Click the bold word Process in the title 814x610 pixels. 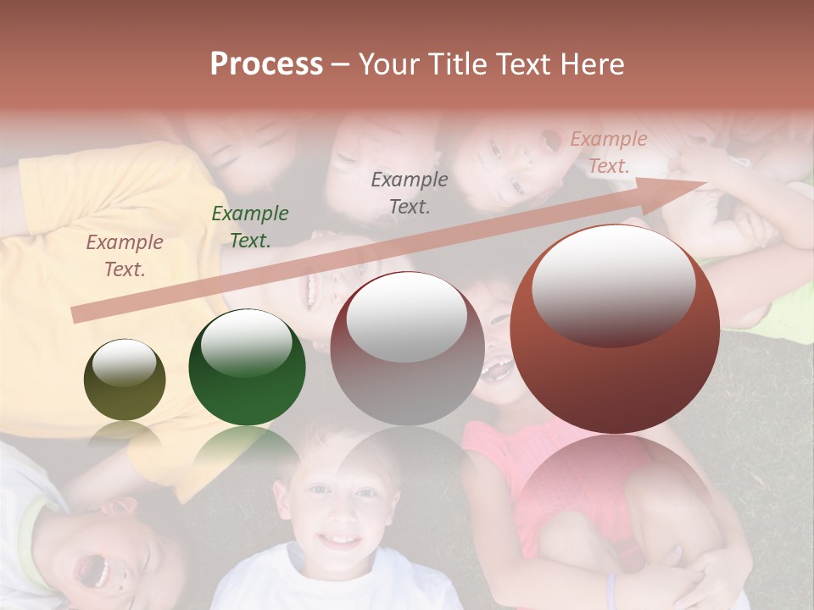click(x=266, y=64)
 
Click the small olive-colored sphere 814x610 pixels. click(x=125, y=380)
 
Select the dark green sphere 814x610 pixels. click(x=247, y=367)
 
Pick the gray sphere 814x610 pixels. click(x=407, y=349)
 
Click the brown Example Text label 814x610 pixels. click(x=124, y=255)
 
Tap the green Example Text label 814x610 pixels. click(x=249, y=226)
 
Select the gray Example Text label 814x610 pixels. click(x=410, y=192)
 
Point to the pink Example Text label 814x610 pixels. click(x=608, y=152)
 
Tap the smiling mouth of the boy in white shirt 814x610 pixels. click(x=339, y=539)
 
